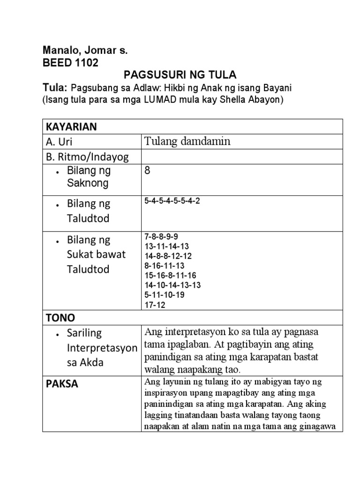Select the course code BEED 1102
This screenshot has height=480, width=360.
[71, 63]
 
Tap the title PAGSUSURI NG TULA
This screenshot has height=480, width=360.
[180, 75]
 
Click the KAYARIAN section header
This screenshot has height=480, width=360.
[71, 127]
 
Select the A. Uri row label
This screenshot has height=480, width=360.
[60, 142]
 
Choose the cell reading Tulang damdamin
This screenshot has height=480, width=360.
[187, 142]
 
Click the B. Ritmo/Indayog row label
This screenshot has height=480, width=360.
[87, 157]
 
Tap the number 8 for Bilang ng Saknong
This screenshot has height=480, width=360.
[148, 171]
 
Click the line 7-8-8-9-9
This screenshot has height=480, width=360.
[161, 237]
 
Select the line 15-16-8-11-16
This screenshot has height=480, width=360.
[170, 276]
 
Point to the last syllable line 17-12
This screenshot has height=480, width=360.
[155, 305]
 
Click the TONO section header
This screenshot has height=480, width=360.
[60, 318]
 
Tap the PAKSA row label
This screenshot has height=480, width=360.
[62, 384]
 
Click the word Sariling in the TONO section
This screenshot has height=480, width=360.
[85, 333]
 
